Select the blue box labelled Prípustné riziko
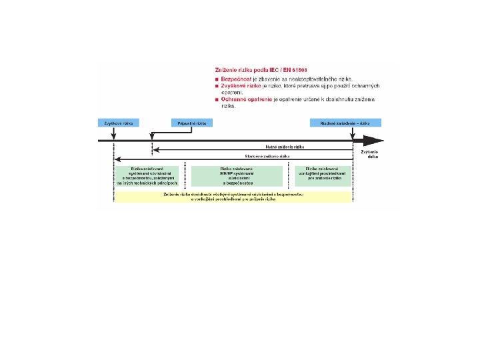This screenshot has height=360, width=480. [192, 123]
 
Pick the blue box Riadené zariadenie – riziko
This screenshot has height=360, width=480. [345, 123]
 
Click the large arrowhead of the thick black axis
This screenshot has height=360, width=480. [375, 140]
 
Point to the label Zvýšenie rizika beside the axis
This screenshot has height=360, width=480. [369, 155]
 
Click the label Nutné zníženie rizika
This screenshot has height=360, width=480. [291, 146]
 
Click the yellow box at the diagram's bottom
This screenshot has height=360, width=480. [233, 197]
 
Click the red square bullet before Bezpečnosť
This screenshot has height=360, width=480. [217, 79]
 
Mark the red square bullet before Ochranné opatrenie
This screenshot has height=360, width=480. [217, 100]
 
